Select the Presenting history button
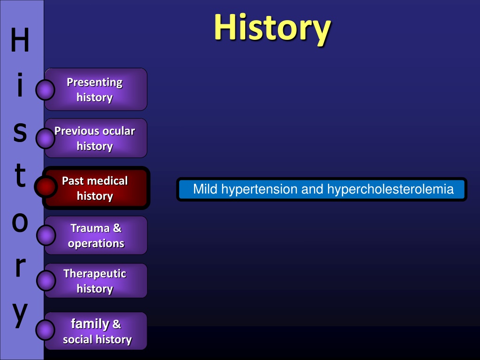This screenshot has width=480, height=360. pos(96,90)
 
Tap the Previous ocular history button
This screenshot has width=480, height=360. pos(96,138)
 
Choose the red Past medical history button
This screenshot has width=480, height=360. pos(96,188)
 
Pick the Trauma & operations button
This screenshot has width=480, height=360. pos(96,235)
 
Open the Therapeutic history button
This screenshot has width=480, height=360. pos(96,281)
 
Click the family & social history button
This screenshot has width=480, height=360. pos(96,331)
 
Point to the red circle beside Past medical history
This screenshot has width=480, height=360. pos(45,187)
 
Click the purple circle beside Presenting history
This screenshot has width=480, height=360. pos(45,90)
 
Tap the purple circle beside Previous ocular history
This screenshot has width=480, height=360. pos(45,138)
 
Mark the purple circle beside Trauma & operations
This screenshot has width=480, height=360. pos(46,235)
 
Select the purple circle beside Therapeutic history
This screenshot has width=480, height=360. pos(46,280)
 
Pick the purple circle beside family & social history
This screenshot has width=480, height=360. pos(45,330)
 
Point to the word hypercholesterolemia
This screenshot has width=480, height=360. pos(390,189)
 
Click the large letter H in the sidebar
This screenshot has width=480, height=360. pos(20,40)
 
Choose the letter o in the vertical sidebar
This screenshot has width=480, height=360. pos(20,222)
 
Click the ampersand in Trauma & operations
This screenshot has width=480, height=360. pos(117,228)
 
